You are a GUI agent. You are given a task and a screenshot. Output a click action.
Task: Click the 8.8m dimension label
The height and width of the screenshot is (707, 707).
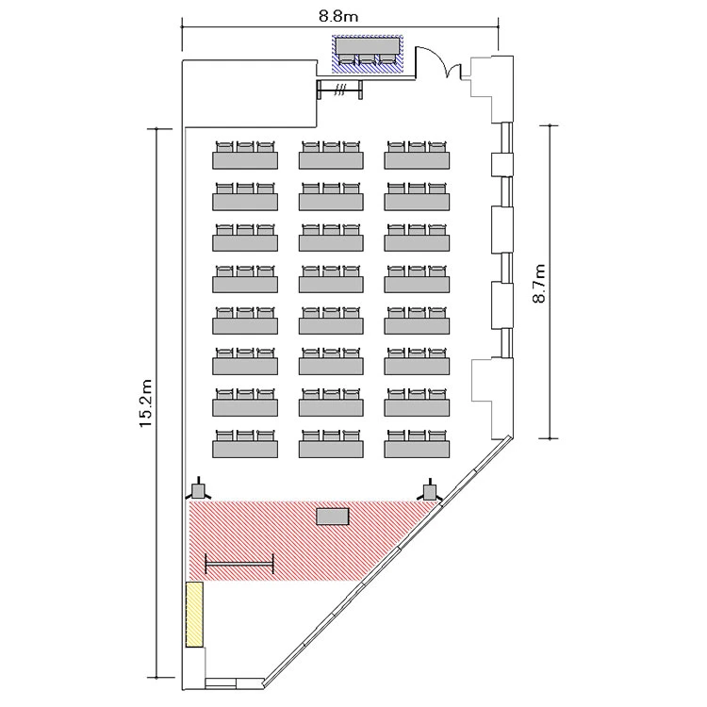[x=338, y=17]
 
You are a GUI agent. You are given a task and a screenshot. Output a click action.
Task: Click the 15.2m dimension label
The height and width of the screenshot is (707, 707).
[x=146, y=403]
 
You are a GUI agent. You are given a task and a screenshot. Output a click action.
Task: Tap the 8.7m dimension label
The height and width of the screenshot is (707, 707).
[x=539, y=283]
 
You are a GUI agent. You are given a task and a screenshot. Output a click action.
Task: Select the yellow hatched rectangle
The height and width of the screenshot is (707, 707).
[x=194, y=615]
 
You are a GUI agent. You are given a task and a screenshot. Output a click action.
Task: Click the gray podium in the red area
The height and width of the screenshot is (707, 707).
[x=333, y=517]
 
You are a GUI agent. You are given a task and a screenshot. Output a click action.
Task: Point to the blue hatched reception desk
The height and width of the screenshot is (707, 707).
[x=368, y=54]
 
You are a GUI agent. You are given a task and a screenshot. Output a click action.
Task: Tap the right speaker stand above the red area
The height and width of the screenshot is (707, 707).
[x=431, y=489]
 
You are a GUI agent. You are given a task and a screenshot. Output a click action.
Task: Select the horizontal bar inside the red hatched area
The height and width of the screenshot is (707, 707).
[x=239, y=563]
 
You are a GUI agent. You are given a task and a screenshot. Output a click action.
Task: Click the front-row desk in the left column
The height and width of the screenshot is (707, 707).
[x=245, y=444]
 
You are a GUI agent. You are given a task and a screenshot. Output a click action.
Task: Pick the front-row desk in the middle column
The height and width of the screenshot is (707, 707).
[x=331, y=444]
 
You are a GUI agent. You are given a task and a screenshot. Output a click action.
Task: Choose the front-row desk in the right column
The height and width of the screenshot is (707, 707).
[x=417, y=444]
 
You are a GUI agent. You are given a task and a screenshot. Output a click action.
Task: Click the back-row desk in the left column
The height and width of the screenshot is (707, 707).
[x=245, y=156]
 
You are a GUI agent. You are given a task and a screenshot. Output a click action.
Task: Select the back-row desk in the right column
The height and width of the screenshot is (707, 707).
[x=417, y=156]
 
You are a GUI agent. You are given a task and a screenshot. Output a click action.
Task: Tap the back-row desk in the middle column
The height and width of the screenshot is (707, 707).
[x=331, y=156]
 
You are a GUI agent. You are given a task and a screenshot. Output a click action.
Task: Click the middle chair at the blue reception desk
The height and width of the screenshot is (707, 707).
[x=367, y=59]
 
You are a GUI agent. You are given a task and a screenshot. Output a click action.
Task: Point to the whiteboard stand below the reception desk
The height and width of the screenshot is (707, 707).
[x=339, y=90]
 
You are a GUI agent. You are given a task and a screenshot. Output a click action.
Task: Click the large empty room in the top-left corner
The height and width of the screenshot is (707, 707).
[x=250, y=93]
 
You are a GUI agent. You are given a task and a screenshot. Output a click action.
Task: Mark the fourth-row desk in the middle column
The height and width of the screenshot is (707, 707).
[x=331, y=321]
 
